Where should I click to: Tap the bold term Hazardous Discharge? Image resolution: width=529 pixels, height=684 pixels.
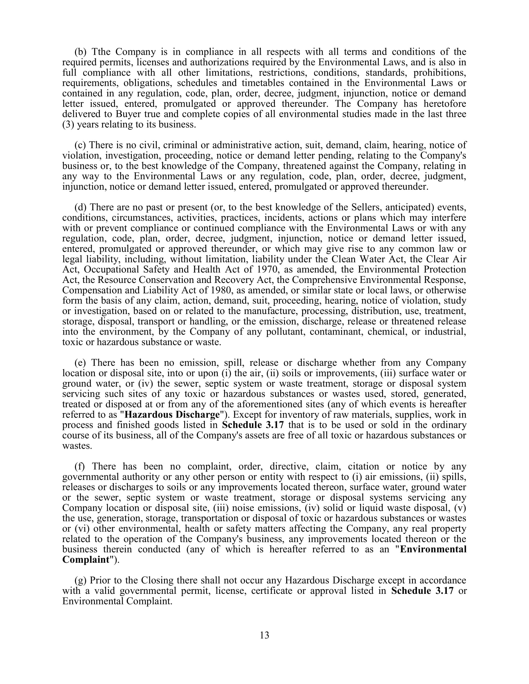pyautogui.click(x=172, y=415)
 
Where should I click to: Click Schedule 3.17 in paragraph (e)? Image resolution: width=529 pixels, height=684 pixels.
pyautogui.click(x=253, y=425)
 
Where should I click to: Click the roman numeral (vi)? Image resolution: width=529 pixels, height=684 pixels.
pyautogui.click(x=81, y=529)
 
